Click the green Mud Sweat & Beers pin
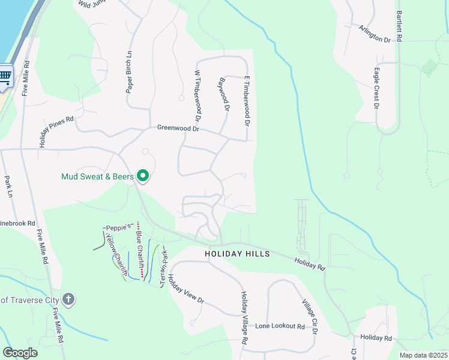pyautogui.click(x=143, y=176)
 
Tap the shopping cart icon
pyautogui.click(x=5, y=76)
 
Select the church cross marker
pyautogui.click(x=69, y=299)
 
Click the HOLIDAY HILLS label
pyautogui.click(x=237, y=254)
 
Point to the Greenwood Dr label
pyautogui.click(x=178, y=128)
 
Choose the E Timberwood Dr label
pyautogui.click(x=246, y=100)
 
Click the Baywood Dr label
pyautogui.click(x=224, y=96)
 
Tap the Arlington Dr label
pyautogui.click(x=375, y=33)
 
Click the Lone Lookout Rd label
pyautogui.click(x=280, y=326)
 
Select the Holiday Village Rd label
pyautogui.click(x=245, y=318)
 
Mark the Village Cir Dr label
pyautogui.click(x=310, y=317)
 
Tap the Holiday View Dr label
pyautogui.click(x=186, y=289)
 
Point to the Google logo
pyautogui.click(x=20, y=352)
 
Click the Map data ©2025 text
pyautogui.click(x=423, y=355)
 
